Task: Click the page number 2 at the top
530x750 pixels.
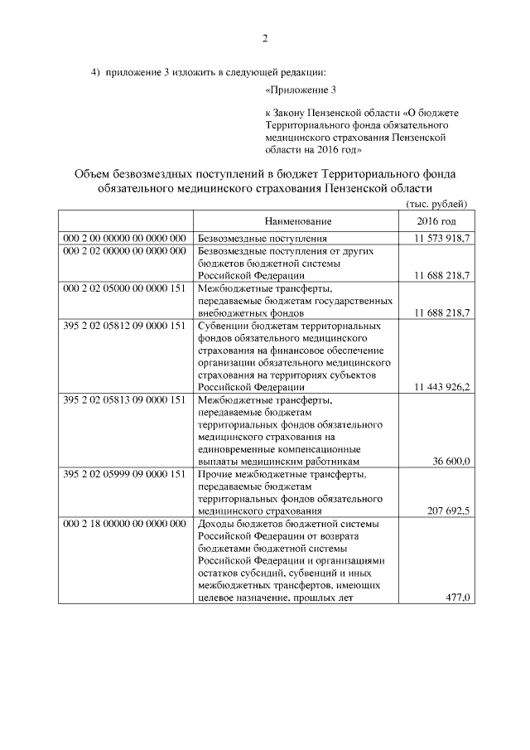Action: click(265, 39)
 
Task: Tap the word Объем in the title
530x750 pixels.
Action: click(97, 174)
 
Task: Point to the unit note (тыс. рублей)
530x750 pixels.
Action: click(436, 204)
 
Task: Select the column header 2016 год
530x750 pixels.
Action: click(436, 222)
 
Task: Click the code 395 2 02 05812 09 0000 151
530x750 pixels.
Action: click(124, 326)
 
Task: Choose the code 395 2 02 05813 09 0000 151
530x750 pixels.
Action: click(124, 399)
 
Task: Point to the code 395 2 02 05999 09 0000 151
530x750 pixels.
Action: click(124, 474)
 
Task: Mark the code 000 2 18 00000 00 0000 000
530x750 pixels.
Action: click(124, 524)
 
